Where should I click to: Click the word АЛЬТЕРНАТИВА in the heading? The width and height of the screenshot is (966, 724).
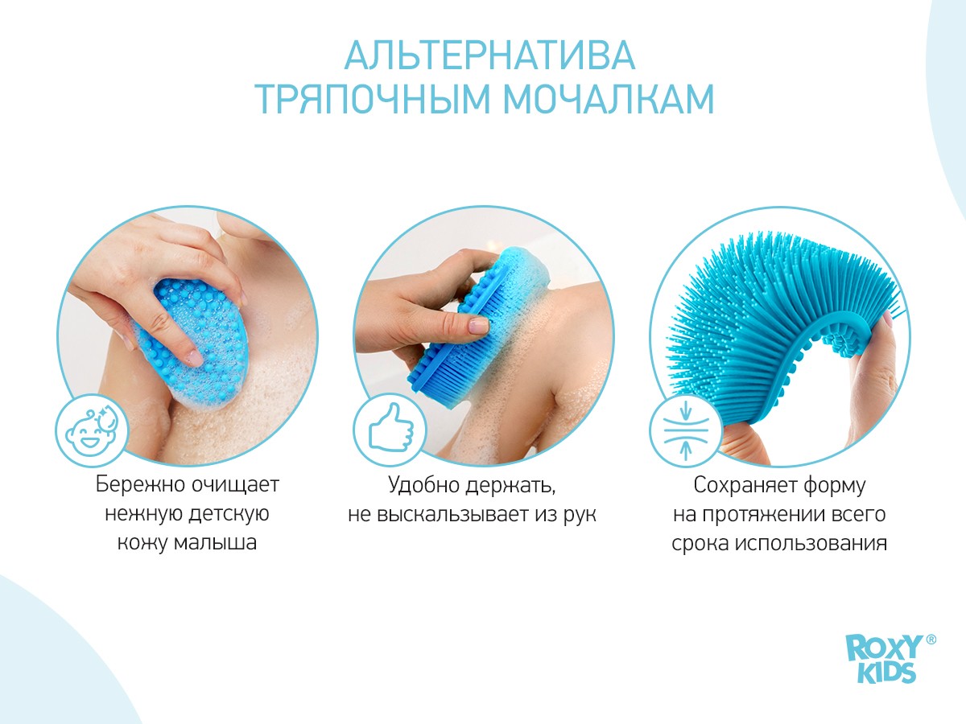coord(489,56)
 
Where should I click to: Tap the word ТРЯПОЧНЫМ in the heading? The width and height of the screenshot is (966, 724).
coord(373,99)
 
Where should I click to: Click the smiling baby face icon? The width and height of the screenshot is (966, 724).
coord(92,429)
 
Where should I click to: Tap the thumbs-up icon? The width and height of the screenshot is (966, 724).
coord(390,428)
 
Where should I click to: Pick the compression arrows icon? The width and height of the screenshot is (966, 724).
coord(686,429)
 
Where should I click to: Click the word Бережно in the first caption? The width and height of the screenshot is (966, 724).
coord(140,485)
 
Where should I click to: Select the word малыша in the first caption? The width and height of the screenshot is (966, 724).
coord(215,543)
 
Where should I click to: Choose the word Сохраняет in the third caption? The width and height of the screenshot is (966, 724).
coord(745,485)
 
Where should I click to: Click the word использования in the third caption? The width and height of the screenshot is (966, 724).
coord(811,544)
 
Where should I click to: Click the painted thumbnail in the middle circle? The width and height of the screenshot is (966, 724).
coord(478,326)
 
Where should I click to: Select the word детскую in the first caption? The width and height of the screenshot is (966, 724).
coord(228,514)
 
